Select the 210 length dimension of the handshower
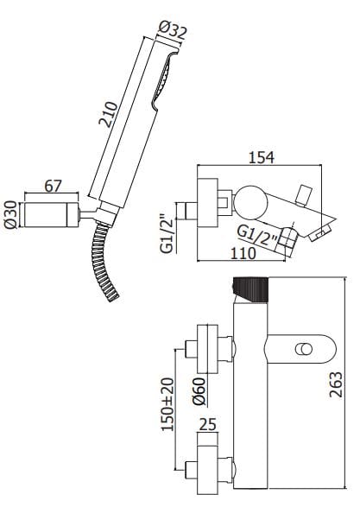pos(108,115)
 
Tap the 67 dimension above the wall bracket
pos(53,187)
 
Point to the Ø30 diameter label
pos(10,215)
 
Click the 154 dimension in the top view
pos(262,157)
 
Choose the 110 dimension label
pos(243,253)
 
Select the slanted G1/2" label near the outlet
pos(257,237)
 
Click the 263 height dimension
pos(335,384)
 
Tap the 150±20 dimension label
pos(167,404)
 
